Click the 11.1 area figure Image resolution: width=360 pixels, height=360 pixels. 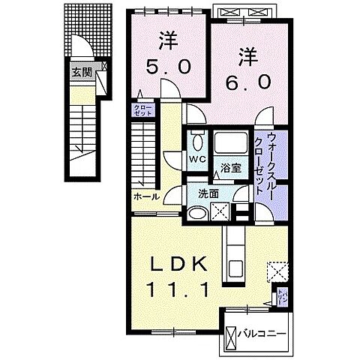coord(177,289)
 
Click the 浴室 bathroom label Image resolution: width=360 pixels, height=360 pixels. coord(229,168)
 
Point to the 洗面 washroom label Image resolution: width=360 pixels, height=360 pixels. coord(208,193)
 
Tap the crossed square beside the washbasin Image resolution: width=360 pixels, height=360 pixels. coord(220,212)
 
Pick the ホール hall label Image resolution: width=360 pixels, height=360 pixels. coord(145,196)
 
